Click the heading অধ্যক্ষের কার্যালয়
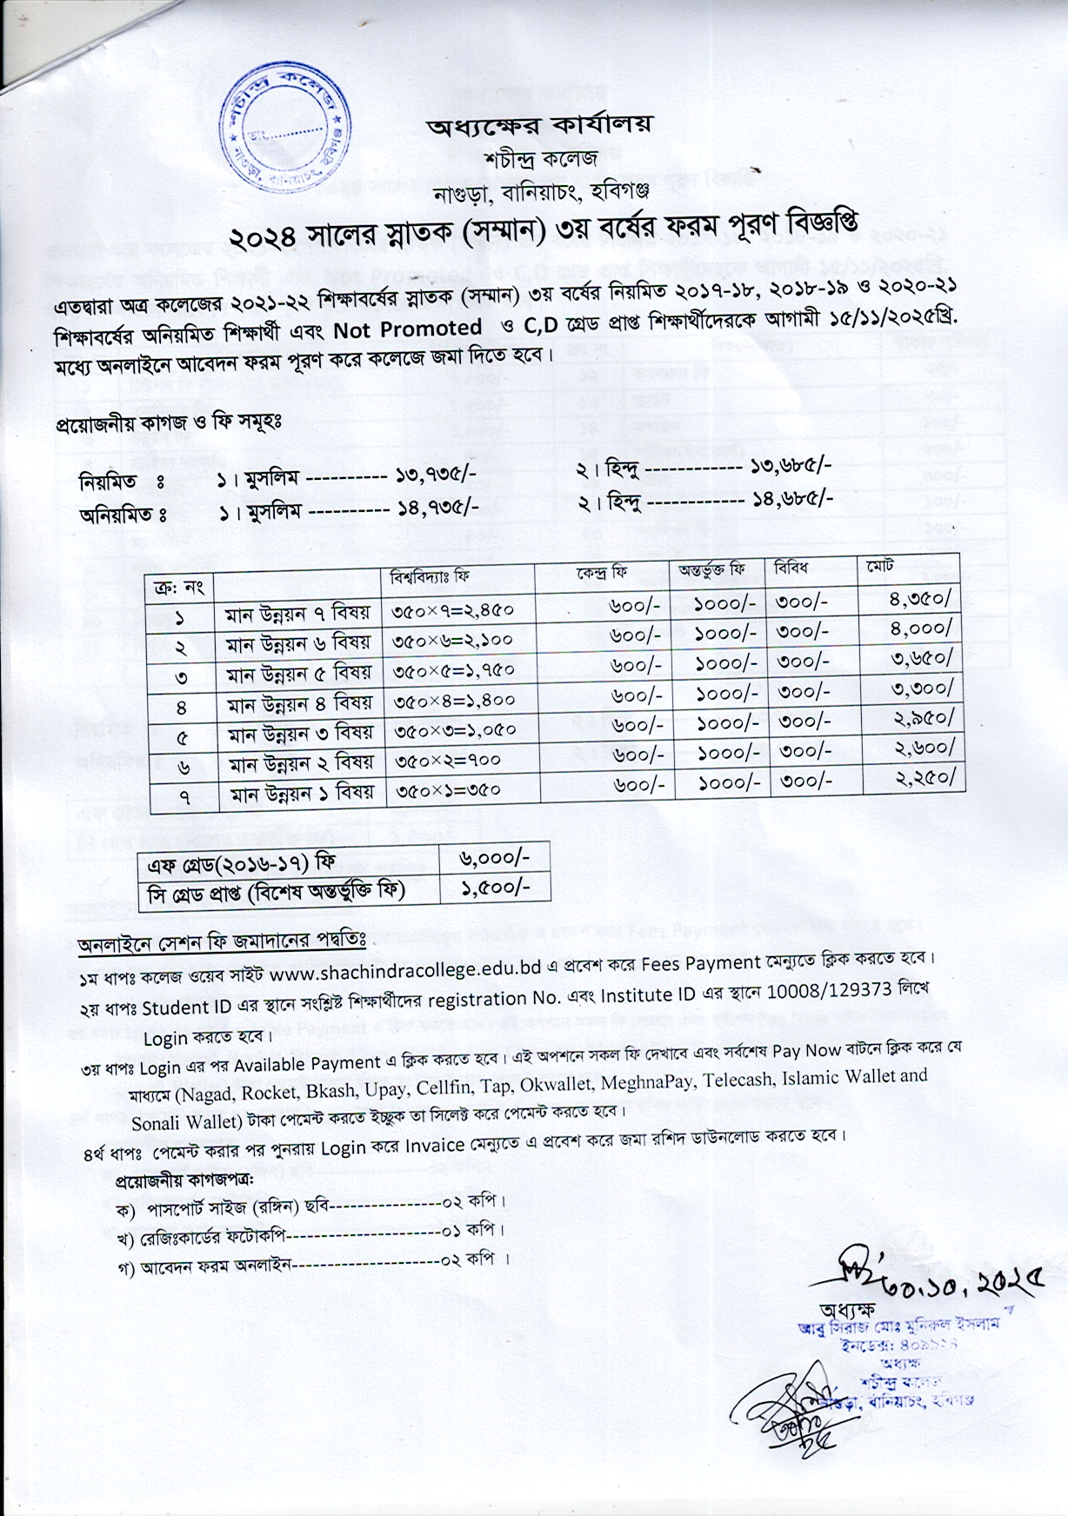pyautogui.click(x=539, y=125)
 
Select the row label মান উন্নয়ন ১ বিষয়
pyautogui.click(x=300, y=792)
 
